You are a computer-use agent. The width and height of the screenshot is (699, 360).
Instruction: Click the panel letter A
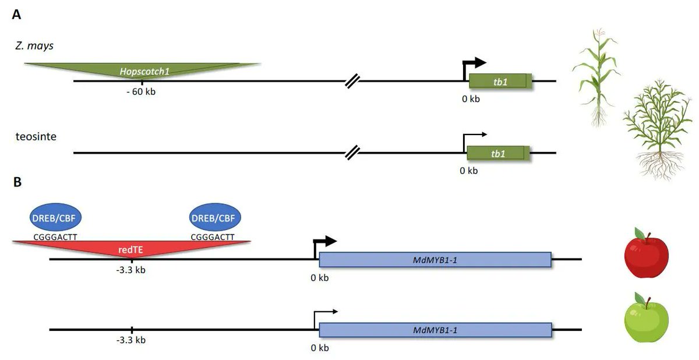[x=17, y=15]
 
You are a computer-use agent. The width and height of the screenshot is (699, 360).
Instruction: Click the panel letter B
[x=17, y=182]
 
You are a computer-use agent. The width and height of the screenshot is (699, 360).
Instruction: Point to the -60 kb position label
[x=141, y=92]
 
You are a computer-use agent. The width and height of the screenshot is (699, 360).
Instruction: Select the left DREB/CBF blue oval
[x=56, y=218]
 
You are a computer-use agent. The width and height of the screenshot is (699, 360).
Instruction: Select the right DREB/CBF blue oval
[x=216, y=218]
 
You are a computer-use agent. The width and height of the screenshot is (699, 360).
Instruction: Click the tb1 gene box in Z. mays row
[x=500, y=82]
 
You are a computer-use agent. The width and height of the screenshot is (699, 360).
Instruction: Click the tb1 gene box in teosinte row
[x=498, y=154]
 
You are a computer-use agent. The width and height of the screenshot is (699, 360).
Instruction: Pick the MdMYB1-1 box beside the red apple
[x=435, y=260]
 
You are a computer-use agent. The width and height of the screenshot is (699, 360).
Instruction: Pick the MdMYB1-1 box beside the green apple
[x=435, y=330]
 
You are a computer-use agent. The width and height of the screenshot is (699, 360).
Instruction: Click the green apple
[x=645, y=321]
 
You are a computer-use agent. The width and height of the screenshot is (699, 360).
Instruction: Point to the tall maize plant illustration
[x=595, y=76]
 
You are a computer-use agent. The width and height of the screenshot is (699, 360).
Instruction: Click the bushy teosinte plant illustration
[x=657, y=131]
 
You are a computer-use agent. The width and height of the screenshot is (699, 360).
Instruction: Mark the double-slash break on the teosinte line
[x=352, y=153]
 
